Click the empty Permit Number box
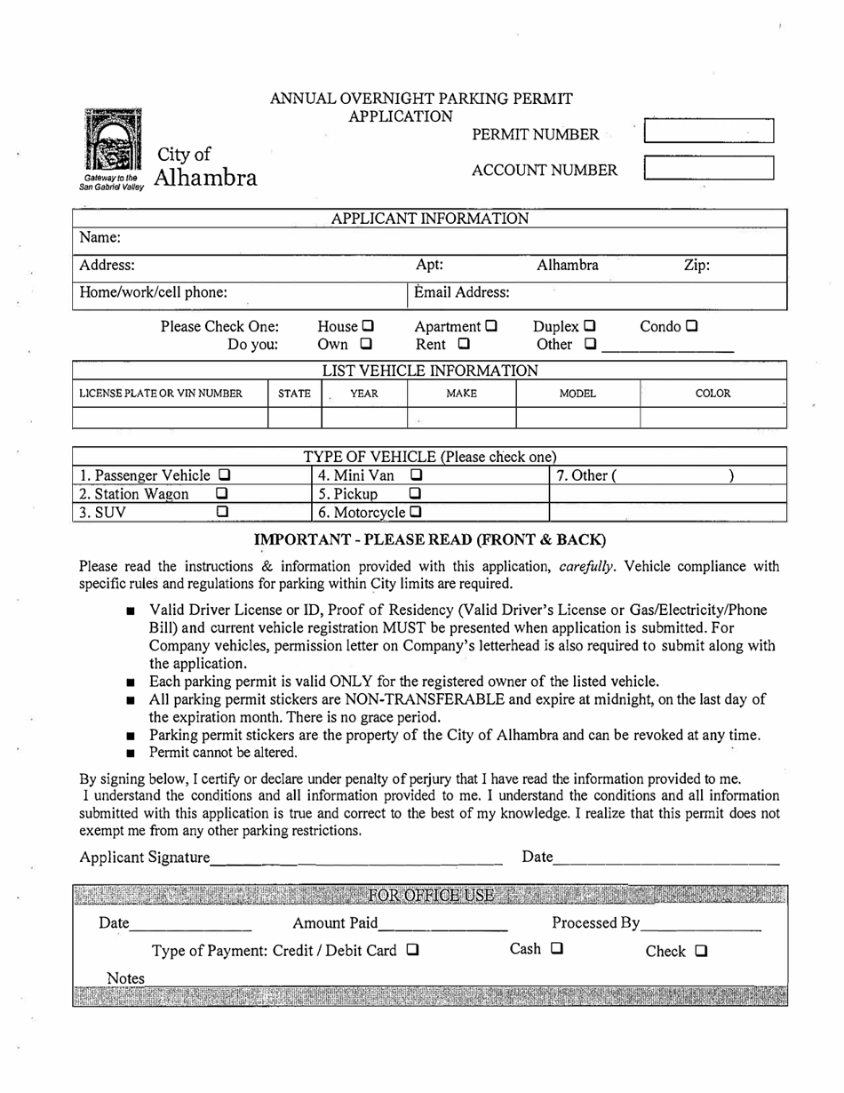tap(708, 132)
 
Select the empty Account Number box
tap(708, 168)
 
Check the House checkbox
tap(368, 326)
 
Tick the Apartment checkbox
tap(491, 326)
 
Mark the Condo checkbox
tap(692, 326)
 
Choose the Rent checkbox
tap(464, 344)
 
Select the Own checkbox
tap(365, 344)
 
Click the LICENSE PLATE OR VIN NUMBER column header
tap(161, 394)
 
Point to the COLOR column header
tap(713, 394)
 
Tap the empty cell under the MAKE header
tap(461, 417)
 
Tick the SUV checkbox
tap(223, 512)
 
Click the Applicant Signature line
tap(356, 858)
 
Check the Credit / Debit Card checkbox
tap(412, 950)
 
